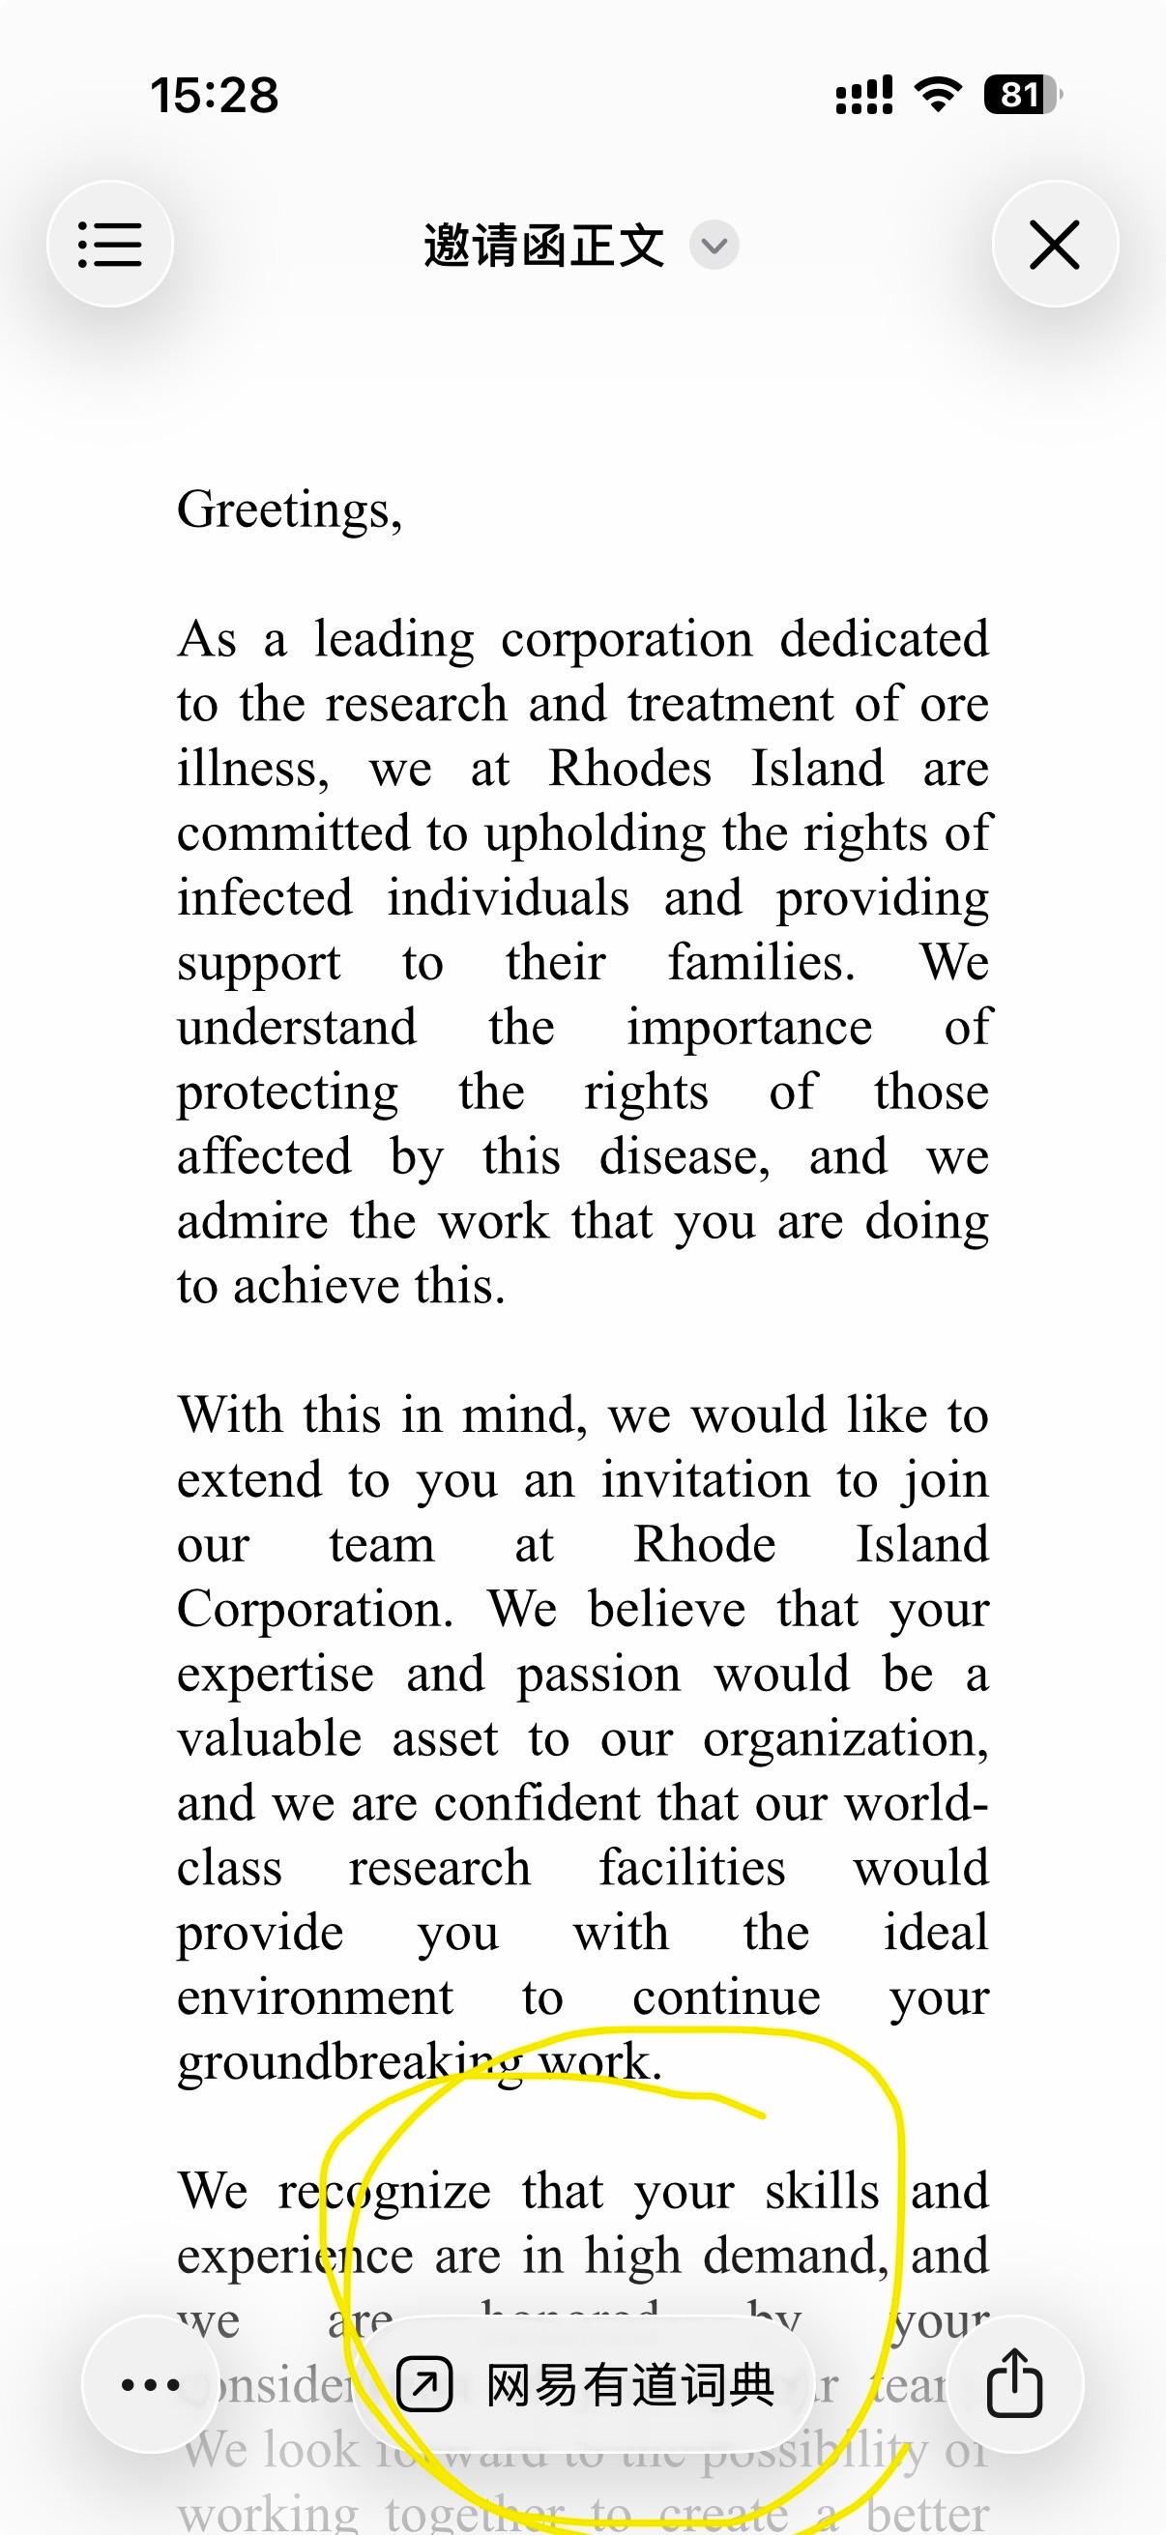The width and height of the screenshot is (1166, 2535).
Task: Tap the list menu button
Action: (x=110, y=244)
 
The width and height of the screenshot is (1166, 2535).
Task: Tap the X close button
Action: (x=1055, y=244)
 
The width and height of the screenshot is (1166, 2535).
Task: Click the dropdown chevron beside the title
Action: (x=714, y=245)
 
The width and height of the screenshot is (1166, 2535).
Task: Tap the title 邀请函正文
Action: (x=544, y=245)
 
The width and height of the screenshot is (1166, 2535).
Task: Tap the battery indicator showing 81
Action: (x=1021, y=96)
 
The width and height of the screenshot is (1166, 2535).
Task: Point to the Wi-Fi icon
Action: (x=938, y=96)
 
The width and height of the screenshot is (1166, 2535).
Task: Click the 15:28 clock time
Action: (x=215, y=96)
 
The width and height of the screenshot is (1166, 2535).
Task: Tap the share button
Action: (x=1014, y=2383)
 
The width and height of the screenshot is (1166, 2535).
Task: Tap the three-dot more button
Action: (x=151, y=2383)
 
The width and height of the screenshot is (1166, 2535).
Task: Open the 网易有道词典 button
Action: (x=585, y=2384)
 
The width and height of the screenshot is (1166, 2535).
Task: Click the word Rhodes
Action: (x=629, y=769)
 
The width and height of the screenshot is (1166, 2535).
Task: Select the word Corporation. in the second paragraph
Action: (x=315, y=1610)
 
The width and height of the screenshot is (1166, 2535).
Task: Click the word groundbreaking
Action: (x=349, y=2063)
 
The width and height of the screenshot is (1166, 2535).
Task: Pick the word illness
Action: (x=252, y=769)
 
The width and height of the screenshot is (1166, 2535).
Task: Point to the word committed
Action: (x=294, y=833)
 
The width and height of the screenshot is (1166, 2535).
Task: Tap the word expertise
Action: (x=276, y=1675)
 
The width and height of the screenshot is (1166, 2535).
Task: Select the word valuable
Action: (x=270, y=1740)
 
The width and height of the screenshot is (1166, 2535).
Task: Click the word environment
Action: (x=315, y=1998)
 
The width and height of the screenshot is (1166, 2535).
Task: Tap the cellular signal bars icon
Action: (x=864, y=96)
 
